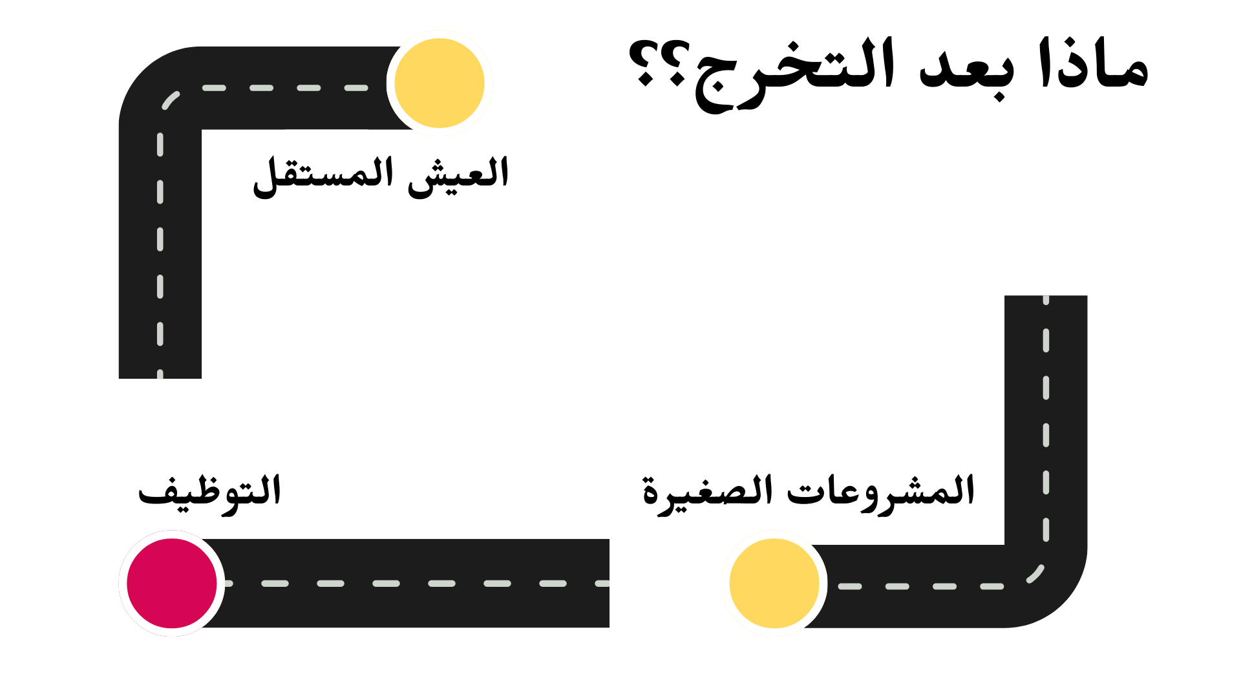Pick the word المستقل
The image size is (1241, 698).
pos(323,176)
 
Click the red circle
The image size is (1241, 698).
pos(172,583)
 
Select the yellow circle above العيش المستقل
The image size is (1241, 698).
pos(440,83)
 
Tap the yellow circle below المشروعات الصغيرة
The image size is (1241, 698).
pos(774,583)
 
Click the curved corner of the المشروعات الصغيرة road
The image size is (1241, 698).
pos(1054,595)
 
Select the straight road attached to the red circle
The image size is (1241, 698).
pos(414,583)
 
